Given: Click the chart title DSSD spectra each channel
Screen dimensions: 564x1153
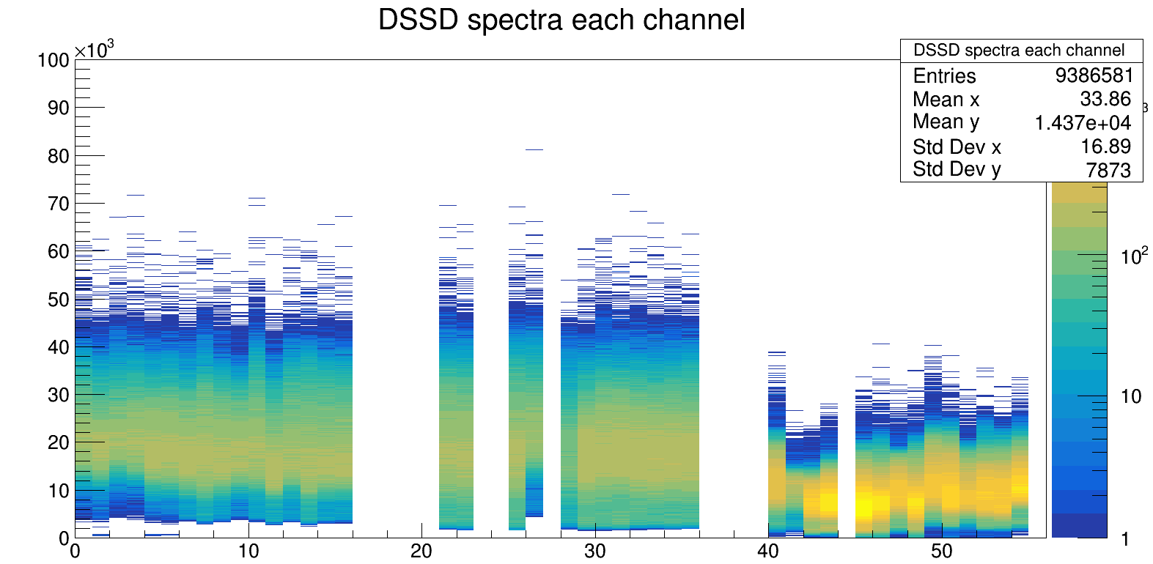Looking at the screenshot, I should (x=561, y=20).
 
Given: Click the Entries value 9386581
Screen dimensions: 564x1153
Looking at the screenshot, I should (x=1094, y=75).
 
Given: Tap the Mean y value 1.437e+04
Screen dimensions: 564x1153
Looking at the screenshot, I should (x=1083, y=123).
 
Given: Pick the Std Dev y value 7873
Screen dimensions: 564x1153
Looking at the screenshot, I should (x=1108, y=170).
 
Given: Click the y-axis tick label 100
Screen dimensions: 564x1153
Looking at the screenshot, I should (x=54, y=60).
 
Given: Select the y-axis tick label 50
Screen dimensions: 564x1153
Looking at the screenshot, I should (x=58, y=300).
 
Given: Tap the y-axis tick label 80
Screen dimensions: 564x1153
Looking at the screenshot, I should (x=58, y=156).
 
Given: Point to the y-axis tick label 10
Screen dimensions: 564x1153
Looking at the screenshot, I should (x=58, y=491).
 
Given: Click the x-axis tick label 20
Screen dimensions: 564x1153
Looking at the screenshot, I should (x=421, y=552).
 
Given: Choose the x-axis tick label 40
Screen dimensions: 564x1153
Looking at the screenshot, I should (x=768, y=552).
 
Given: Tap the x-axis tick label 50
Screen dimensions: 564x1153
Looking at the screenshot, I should (x=941, y=552).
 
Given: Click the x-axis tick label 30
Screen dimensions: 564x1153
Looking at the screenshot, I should (x=594, y=552).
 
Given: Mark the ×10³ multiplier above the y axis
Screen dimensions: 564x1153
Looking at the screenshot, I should (x=94, y=50).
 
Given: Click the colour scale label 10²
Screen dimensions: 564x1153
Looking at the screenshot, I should (x=1134, y=256).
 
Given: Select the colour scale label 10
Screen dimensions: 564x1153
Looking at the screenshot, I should (x=1131, y=397).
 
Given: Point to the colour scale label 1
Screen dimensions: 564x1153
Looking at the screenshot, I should (x=1126, y=540).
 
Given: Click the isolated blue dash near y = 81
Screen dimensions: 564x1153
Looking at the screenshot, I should (x=534, y=149).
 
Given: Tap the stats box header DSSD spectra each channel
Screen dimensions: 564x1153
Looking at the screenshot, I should (x=1018, y=51).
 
